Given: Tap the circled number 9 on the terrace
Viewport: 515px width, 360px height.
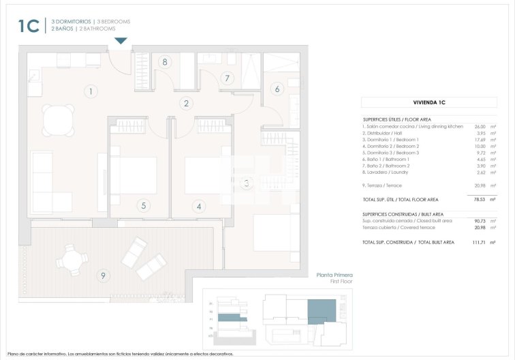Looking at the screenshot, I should pyautogui.click(x=103, y=275).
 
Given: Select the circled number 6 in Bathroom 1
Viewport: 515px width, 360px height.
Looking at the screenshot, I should pyautogui.click(x=277, y=89).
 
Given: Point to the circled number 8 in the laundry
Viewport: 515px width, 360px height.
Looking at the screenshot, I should pyautogui.click(x=164, y=62).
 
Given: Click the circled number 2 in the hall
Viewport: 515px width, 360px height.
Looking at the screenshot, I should pyautogui.click(x=185, y=104).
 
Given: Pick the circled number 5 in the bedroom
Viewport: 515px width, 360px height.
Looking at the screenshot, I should pyautogui.click(x=143, y=205).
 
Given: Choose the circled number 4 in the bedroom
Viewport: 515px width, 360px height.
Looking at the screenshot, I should pyautogui.click(x=199, y=205).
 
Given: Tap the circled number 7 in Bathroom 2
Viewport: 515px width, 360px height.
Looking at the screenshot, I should pyautogui.click(x=228, y=78).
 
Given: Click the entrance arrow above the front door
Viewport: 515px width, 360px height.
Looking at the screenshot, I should pyautogui.click(x=120, y=42).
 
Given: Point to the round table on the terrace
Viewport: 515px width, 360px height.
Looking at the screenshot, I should pyautogui.click(x=72, y=260).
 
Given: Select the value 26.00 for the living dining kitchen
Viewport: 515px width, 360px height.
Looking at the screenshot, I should pyautogui.click(x=479, y=126).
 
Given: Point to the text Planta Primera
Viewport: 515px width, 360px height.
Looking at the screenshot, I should pyautogui.click(x=334, y=275).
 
